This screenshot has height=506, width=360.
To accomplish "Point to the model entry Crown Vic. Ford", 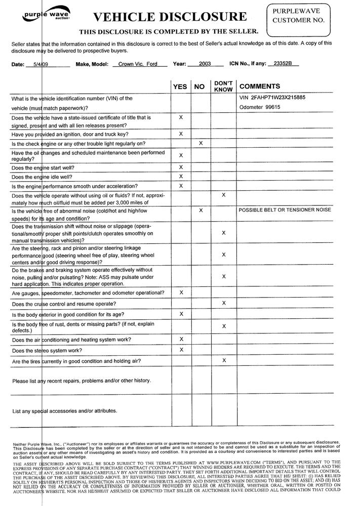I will click(135, 64).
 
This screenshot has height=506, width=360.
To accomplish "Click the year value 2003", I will click(205, 64).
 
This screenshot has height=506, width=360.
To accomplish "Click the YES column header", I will click(180, 87).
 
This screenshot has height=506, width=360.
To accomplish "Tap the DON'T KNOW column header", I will click(223, 86).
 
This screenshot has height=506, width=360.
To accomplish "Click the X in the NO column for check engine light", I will click(201, 143).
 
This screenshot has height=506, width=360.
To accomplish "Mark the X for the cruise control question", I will click(223, 303).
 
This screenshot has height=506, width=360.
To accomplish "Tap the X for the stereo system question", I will click(181, 349).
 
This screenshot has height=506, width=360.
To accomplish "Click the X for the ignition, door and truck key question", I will click(181, 133).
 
